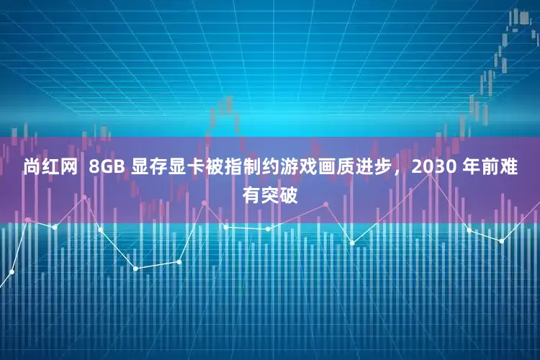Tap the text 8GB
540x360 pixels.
click(107, 168)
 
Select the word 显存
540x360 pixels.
click(147, 168)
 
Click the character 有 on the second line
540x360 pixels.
click(252, 194)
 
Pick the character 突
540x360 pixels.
click(270, 194)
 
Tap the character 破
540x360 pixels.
click(288, 194)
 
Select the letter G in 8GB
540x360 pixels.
click(107, 168)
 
